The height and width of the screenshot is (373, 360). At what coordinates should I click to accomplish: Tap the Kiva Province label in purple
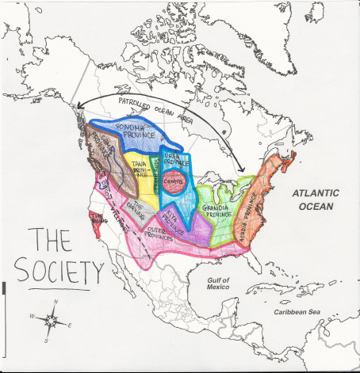click(x=173, y=215)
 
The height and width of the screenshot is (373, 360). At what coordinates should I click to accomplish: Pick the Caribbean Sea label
click(x=297, y=314)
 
